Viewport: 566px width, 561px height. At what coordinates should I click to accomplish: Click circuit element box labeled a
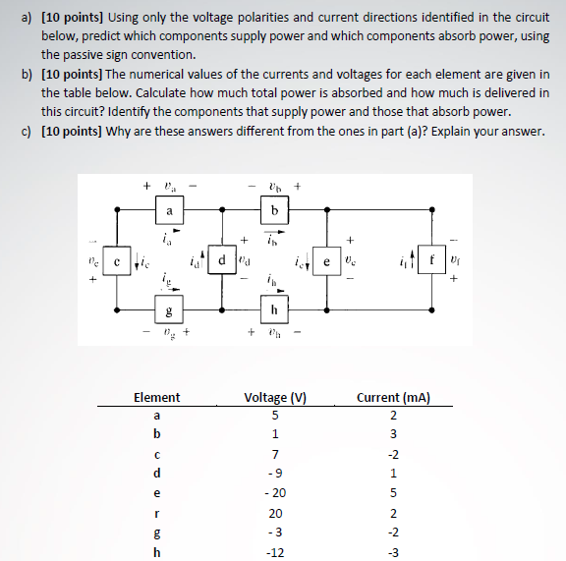[x=169, y=208]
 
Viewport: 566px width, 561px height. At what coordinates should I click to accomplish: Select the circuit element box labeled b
[x=274, y=208]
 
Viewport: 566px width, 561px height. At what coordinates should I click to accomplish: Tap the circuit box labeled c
[x=117, y=262]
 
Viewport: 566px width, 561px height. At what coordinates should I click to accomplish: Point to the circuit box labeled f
[x=430, y=262]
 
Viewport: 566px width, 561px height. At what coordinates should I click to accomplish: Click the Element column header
[x=156, y=398]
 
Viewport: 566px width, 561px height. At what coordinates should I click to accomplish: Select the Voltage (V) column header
[x=276, y=398]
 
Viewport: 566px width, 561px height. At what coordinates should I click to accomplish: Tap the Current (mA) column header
[x=397, y=398]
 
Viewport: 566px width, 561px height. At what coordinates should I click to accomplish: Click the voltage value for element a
[x=276, y=417]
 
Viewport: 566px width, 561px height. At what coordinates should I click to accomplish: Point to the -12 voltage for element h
[x=276, y=551]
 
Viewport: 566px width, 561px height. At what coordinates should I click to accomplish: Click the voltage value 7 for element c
[x=276, y=454]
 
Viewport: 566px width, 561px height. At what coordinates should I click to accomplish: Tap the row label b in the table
[x=156, y=435]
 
